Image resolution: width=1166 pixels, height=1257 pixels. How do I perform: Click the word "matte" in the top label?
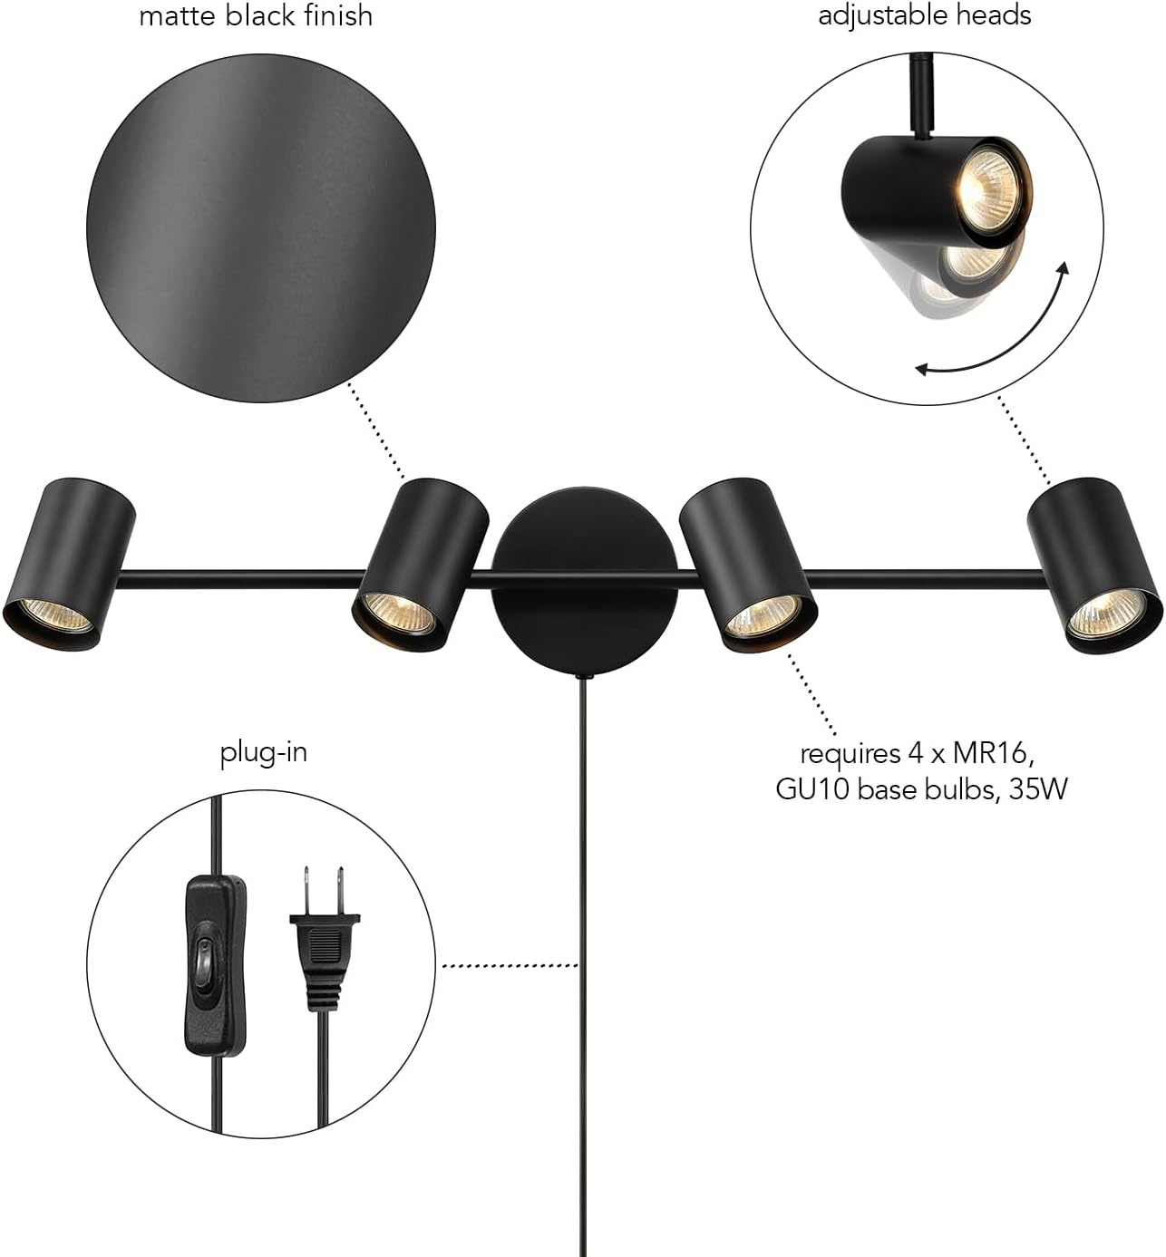click(x=179, y=15)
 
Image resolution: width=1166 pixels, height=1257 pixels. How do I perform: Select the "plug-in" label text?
click(x=264, y=753)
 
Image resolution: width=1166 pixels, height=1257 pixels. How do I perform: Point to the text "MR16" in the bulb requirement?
click(x=993, y=753)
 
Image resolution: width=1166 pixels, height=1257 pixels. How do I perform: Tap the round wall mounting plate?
click(x=584, y=583)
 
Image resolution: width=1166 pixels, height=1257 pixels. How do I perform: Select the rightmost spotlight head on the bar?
click(x=1095, y=566)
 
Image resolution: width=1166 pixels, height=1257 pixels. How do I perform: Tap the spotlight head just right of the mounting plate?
click(x=748, y=565)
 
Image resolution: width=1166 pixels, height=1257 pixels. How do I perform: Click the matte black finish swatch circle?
click(x=261, y=227)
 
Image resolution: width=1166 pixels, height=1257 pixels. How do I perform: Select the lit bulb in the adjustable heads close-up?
click(x=988, y=184)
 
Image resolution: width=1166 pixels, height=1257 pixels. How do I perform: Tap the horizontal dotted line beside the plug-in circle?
click(x=510, y=965)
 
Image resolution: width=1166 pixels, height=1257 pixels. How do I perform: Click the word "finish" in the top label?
click(x=337, y=15)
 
